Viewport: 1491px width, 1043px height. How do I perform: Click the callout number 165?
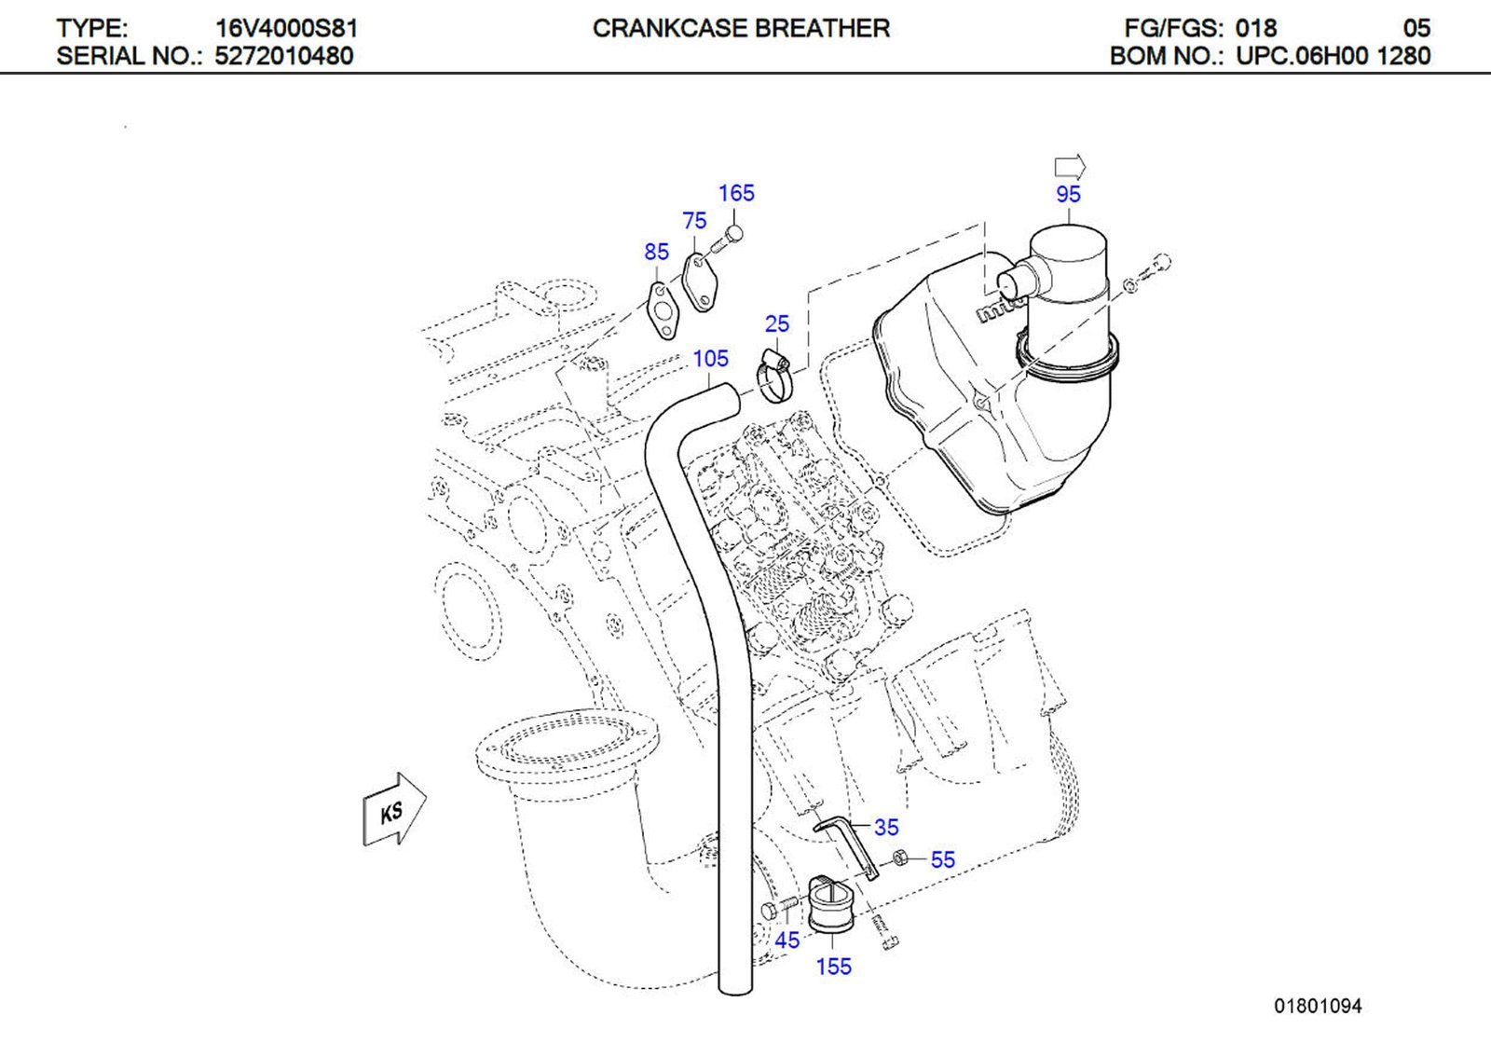pyautogui.click(x=735, y=193)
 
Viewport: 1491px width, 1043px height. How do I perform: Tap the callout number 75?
pyautogui.click(x=694, y=221)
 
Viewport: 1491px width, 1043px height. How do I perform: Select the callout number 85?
pyautogui.click(x=656, y=252)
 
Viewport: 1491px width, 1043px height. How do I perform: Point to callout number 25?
pyautogui.click(x=776, y=323)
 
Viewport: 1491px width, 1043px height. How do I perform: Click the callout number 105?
pyautogui.click(x=710, y=359)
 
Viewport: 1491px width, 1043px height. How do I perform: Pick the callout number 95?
pyautogui.click(x=1068, y=195)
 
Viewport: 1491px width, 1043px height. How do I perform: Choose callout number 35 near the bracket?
pyautogui.click(x=886, y=827)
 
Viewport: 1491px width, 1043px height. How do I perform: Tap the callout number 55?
pyautogui.click(x=942, y=859)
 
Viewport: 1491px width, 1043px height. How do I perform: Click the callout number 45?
pyautogui.click(x=787, y=940)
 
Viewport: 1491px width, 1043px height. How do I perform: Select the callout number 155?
pyautogui.click(x=833, y=967)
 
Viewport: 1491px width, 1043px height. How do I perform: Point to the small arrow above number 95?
pyautogui.click(x=1070, y=167)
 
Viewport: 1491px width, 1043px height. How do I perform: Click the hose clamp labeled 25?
pyautogui.click(x=773, y=375)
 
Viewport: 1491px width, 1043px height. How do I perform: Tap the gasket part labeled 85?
pyautogui.click(x=663, y=310)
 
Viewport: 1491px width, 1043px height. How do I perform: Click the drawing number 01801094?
pyautogui.click(x=1318, y=1007)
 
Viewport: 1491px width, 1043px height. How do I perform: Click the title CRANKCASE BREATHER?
pyautogui.click(x=741, y=29)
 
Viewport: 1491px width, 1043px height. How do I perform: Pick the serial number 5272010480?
pyautogui.click(x=284, y=56)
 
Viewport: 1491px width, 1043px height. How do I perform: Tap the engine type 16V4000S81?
pyautogui.click(x=286, y=29)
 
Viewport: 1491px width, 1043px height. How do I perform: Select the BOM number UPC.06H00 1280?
pyautogui.click(x=1333, y=56)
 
